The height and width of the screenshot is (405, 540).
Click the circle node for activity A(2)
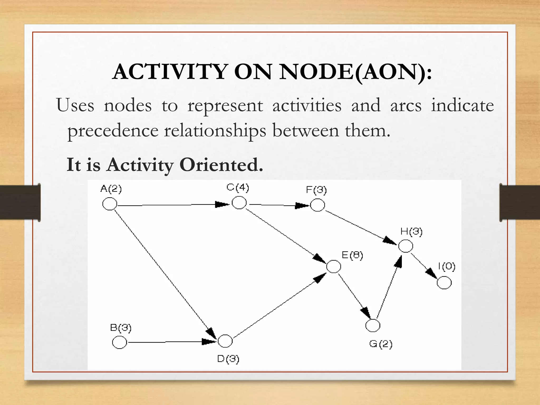(110, 204)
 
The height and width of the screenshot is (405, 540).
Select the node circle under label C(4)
(239, 203)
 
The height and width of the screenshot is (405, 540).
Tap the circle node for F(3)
(317, 205)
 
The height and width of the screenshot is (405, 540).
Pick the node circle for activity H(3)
(406, 246)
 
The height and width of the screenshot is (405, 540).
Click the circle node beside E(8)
(334, 266)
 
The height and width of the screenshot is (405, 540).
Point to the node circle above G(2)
(373, 325)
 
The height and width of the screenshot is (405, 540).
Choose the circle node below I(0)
(444, 283)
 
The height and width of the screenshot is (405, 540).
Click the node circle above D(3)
(225, 341)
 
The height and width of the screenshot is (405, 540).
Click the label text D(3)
(228, 359)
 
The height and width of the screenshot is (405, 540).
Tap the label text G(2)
(381, 344)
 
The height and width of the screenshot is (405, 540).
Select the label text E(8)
(352, 255)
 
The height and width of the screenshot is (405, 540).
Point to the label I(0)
(447, 267)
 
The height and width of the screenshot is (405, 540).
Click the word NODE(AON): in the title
(356, 72)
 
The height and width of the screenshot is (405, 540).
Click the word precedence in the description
(113, 131)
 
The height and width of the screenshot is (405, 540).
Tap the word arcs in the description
(406, 105)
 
